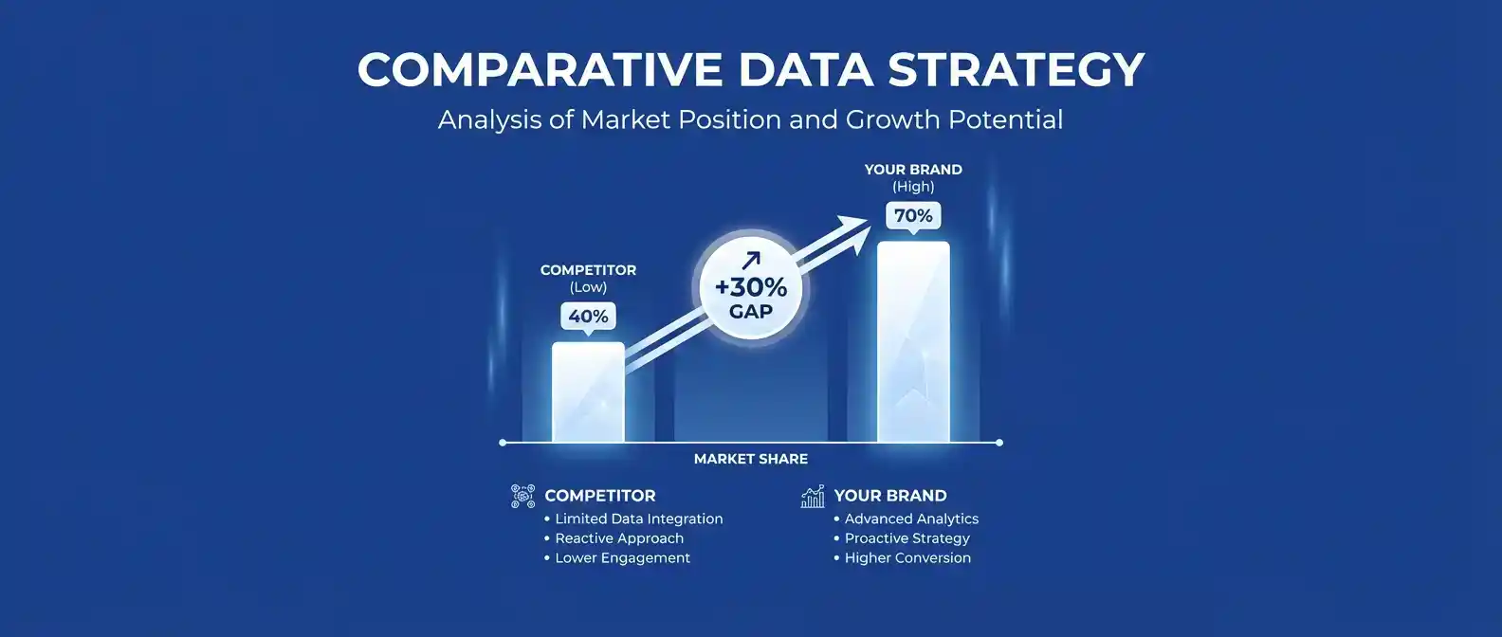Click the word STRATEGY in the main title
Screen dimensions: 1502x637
(1016, 69)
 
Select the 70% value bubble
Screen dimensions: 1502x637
(913, 216)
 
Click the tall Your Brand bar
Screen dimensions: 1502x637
(913, 342)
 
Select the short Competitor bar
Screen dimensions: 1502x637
(588, 392)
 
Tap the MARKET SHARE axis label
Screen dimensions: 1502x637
(751, 460)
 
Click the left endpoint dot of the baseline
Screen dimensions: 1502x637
(503, 443)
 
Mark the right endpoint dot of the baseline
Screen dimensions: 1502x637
(999, 443)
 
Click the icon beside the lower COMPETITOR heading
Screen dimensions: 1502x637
(523, 496)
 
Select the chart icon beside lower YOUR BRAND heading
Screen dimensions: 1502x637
(813, 496)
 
